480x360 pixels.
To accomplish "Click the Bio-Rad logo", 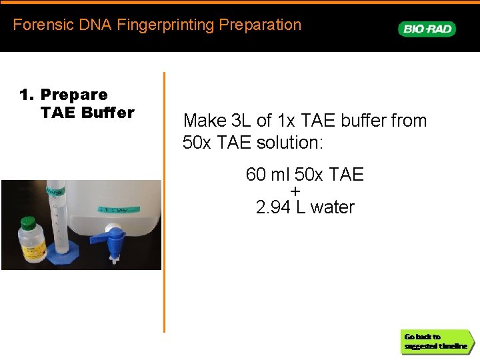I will (427, 29).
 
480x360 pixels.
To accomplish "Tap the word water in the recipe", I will (333, 207).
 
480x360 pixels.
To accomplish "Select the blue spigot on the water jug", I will (116, 237).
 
